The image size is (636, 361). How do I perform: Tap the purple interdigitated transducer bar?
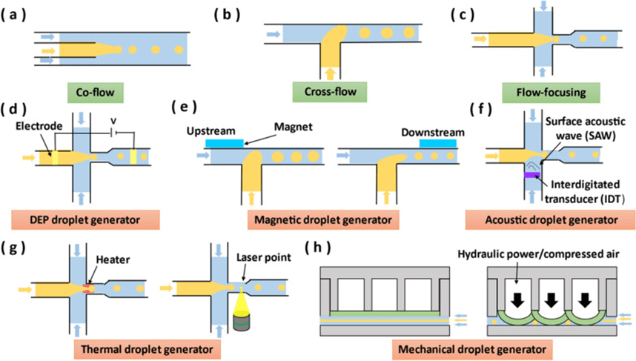tap(534, 175)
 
